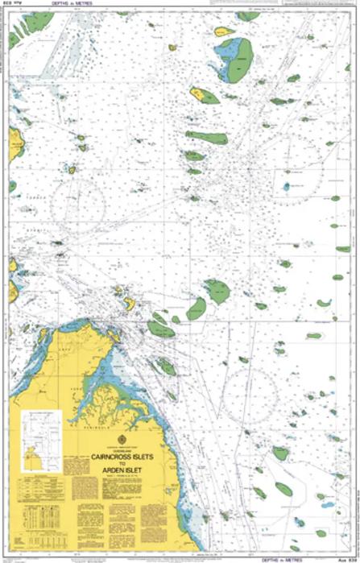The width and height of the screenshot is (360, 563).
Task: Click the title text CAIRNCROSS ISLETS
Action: point(122,456)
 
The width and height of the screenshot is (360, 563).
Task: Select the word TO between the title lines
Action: point(122,463)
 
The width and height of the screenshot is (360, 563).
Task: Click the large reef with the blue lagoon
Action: point(234,60)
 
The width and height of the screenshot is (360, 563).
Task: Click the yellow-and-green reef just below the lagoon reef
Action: point(204,96)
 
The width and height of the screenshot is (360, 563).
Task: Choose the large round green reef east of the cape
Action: point(217,291)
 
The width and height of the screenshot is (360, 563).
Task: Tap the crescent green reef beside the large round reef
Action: point(197,308)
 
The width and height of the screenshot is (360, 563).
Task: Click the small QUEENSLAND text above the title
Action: point(122,448)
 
